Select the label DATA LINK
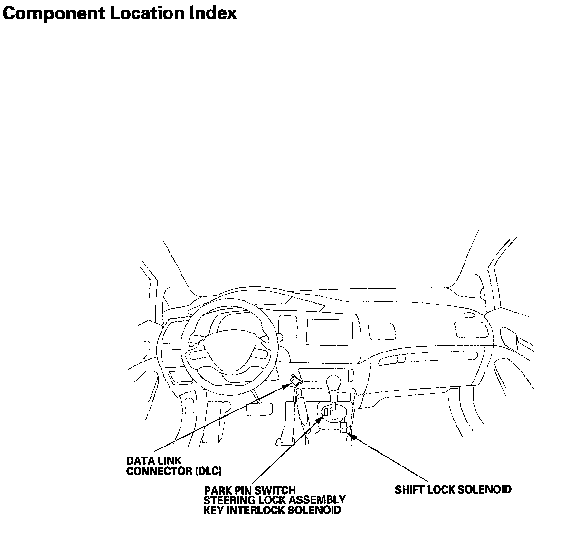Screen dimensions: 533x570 [153, 461]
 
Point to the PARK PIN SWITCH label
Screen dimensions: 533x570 [250, 490]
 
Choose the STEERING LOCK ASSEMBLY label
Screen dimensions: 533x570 [275, 500]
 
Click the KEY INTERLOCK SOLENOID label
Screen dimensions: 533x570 [272, 511]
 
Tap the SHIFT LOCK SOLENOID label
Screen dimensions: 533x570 [453, 489]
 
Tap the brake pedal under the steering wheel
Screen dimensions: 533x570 [259, 409]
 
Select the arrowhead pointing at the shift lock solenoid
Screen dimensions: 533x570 [351, 434]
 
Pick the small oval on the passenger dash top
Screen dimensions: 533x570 [467, 315]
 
